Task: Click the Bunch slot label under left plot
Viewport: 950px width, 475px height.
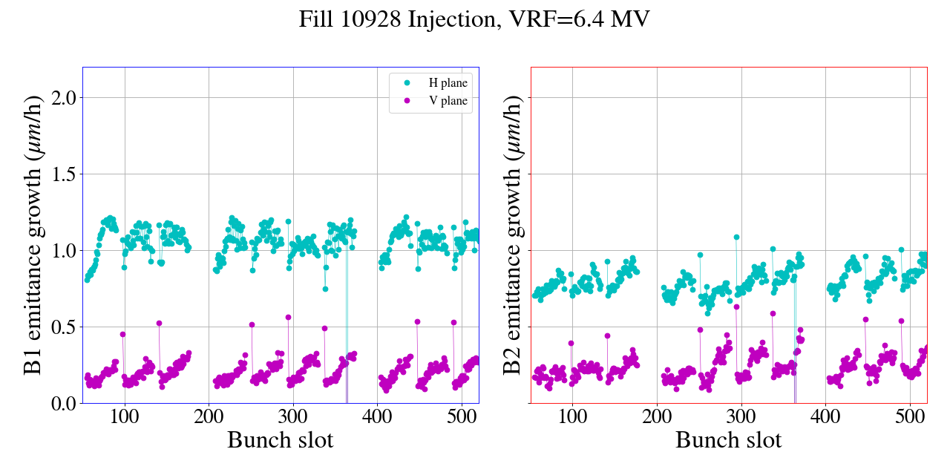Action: click(x=280, y=440)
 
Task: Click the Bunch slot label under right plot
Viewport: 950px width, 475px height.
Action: click(x=728, y=440)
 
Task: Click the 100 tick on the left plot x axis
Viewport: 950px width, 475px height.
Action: click(x=125, y=415)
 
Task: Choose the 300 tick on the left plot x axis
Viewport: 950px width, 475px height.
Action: click(x=293, y=415)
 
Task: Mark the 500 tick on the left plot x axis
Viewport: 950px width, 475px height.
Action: click(x=462, y=415)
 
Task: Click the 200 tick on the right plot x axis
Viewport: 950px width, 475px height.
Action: click(x=657, y=415)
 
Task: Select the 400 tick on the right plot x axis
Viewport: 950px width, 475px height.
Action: click(x=825, y=415)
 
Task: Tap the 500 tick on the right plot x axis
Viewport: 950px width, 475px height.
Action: click(x=910, y=415)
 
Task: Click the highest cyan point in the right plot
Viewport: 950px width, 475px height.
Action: click(x=736, y=237)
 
